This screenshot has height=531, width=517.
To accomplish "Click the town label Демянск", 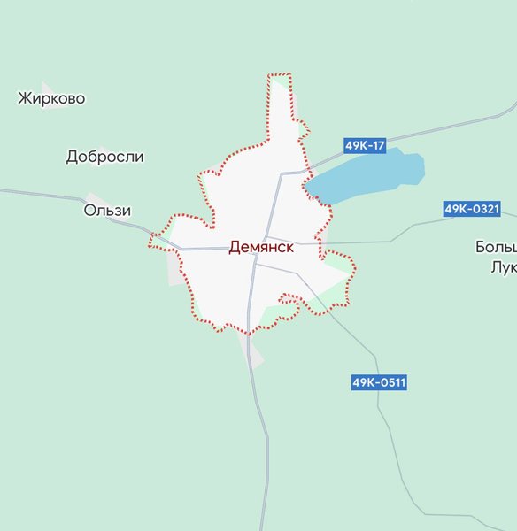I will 261,248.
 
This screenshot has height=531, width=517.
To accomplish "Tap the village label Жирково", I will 51,98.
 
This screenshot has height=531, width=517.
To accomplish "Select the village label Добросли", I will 104,157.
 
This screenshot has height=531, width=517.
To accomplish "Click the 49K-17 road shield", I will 365,145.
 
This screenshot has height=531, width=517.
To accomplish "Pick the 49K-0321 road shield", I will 472,209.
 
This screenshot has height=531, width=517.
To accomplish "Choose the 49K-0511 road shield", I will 379,383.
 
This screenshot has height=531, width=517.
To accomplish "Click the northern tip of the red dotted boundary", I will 279,76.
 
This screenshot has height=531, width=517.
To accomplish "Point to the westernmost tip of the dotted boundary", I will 151,239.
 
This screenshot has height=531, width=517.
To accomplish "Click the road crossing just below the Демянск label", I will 255,261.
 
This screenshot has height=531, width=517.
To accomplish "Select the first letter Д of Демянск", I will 234,248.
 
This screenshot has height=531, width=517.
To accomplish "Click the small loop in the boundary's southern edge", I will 288,299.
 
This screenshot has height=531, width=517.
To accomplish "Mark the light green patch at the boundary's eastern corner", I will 338,262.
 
